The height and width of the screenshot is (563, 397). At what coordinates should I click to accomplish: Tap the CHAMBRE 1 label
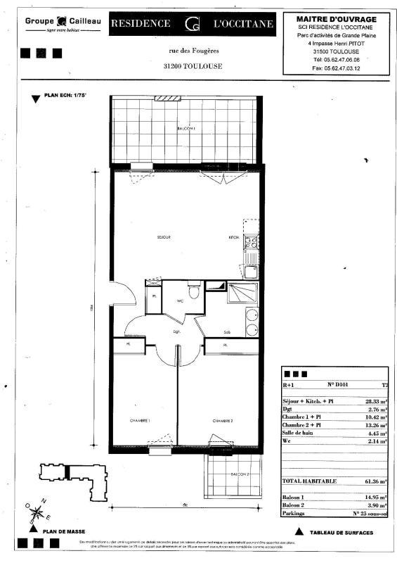point(140,420)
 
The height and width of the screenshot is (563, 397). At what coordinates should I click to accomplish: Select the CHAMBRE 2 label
point(223,420)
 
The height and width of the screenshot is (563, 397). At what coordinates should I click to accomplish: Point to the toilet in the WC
point(194,290)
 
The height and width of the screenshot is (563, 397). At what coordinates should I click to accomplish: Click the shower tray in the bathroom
point(240,293)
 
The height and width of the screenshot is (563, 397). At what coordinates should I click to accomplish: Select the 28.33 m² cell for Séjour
point(376,400)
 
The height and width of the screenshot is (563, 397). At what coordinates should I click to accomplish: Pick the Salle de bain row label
point(300,434)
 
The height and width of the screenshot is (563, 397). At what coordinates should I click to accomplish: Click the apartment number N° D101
point(339,385)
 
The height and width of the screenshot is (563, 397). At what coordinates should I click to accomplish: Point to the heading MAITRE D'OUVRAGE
point(336,19)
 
